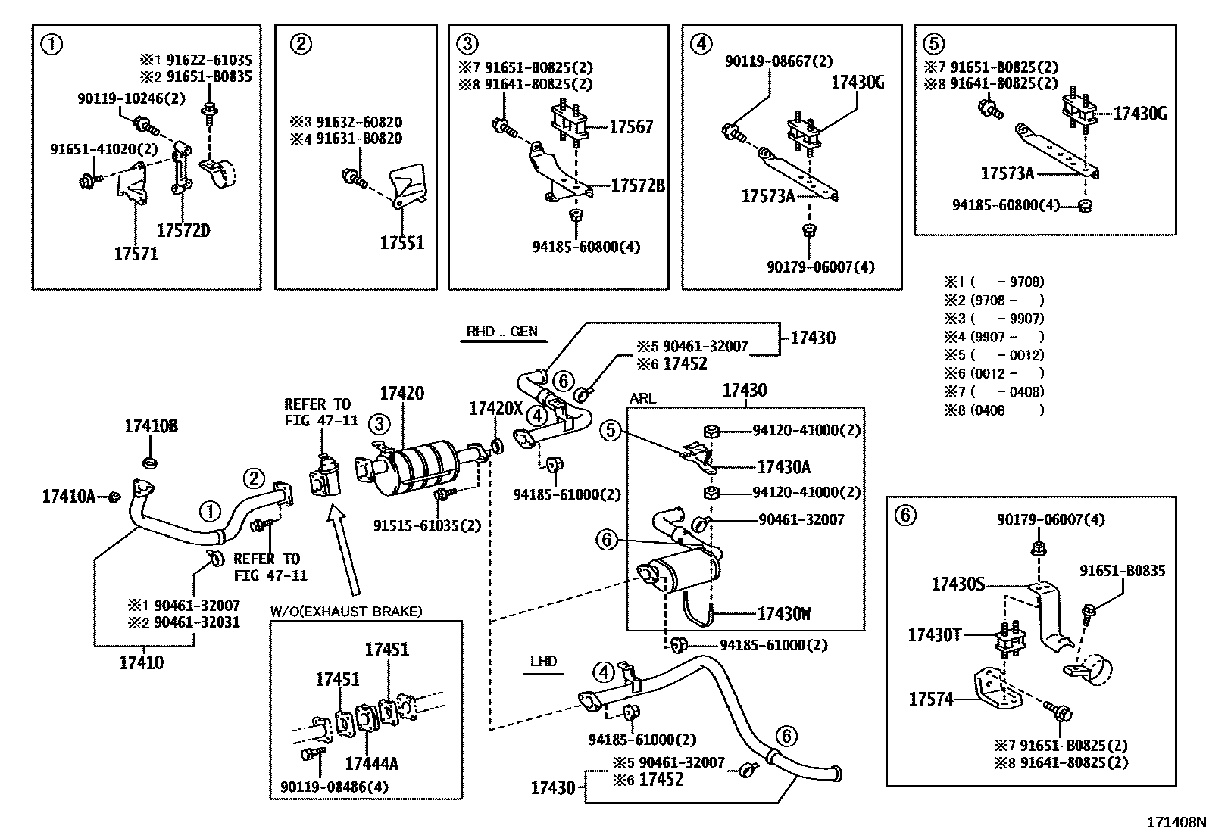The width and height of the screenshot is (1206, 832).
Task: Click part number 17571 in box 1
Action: pos(136,254)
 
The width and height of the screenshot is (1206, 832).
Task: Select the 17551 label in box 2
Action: pos(401,242)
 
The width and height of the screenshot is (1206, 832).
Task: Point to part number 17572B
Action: pos(638,185)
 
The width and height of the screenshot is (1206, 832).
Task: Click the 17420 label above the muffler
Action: pos(401,393)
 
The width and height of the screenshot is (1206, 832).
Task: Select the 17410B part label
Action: pos(151,426)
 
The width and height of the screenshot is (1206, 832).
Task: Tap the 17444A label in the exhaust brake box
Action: pos(371,763)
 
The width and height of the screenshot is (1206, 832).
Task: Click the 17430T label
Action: pos(934,634)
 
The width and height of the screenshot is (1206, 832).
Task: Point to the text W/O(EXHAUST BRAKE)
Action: pos(346,610)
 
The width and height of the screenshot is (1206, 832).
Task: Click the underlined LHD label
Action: pos(543,661)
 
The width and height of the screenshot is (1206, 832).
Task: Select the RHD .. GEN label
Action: pos(502,332)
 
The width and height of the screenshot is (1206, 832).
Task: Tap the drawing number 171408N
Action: pos(1174,821)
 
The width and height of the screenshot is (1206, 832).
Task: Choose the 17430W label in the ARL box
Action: pos(783,613)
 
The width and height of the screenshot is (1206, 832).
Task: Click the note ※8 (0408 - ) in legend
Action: pos(994,410)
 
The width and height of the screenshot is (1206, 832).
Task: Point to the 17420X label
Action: pos(495,409)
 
